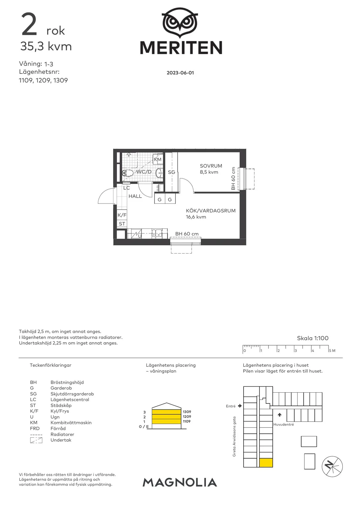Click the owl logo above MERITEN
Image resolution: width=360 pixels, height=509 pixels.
tap(180, 23)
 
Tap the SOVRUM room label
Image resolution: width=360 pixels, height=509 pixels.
tap(211, 166)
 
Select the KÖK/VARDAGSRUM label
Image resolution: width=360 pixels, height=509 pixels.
tap(211, 211)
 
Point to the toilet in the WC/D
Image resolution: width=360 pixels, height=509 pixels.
tap(128, 173)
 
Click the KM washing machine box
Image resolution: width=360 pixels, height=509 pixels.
tap(157, 160)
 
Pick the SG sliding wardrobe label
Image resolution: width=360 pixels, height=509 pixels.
tap(171, 172)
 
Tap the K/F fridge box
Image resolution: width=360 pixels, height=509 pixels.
tap(122, 215)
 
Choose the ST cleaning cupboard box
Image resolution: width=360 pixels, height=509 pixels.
tap(122, 224)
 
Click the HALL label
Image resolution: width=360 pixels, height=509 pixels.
tap(135, 196)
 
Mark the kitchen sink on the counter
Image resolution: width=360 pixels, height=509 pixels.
tap(156, 233)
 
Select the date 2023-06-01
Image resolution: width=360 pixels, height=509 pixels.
tap(180, 73)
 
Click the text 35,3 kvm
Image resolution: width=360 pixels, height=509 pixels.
tap(46, 46)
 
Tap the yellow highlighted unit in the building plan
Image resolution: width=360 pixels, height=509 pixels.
tap(266, 463)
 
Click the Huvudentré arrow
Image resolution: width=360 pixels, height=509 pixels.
tap(280, 415)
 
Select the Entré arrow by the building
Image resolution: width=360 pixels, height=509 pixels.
tap(240, 406)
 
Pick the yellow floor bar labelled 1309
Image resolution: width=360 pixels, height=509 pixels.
tap(166, 412)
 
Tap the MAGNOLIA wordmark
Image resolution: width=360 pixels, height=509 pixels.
tap(180, 483)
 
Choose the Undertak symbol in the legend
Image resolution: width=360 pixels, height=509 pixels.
tap(36, 440)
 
